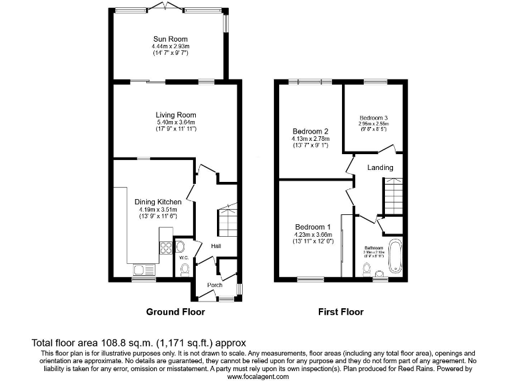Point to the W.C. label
coord(185,258)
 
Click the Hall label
coord(216,246)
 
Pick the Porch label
coord(214,286)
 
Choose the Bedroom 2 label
coord(310,131)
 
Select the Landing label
coord(380,167)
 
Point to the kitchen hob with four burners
coord(165,248)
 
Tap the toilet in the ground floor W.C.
coord(185,269)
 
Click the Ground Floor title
coord(175,312)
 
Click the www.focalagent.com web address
coord(258,376)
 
